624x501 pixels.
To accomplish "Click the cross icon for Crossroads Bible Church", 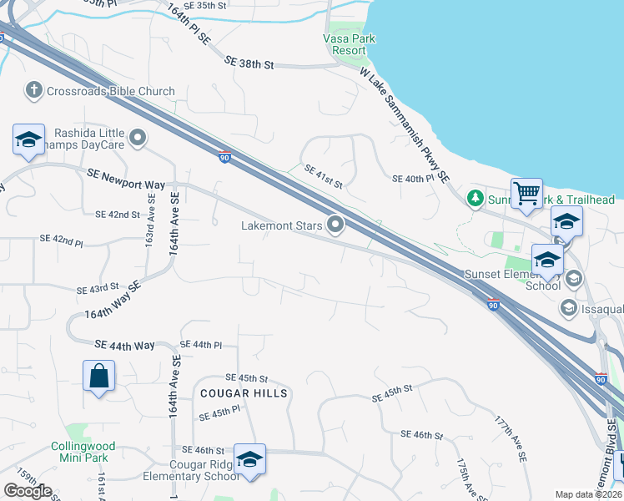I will pyautogui.click(x=34, y=90).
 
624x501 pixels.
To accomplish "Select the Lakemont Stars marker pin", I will pyautogui.click(x=336, y=225).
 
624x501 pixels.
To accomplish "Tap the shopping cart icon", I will pyautogui.click(x=526, y=194).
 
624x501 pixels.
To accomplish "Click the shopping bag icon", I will pyautogui.click(x=98, y=376).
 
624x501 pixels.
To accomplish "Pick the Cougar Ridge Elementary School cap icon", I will pyautogui.click(x=249, y=459).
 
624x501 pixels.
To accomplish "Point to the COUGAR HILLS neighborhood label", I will pyautogui.click(x=243, y=393).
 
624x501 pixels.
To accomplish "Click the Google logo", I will pyautogui.click(x=28, y=491).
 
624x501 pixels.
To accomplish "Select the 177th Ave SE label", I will pyautogui.click(x=511, y=438).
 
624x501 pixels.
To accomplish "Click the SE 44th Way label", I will pyautogui.click(x=125, y=344).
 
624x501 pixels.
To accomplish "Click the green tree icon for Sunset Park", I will pyautogui.click(x=475, y=199).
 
